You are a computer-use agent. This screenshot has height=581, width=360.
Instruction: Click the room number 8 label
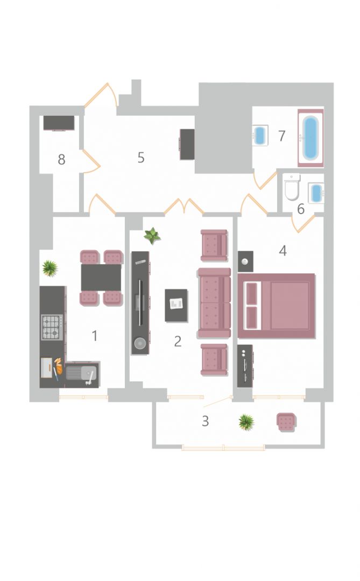coord(61,160)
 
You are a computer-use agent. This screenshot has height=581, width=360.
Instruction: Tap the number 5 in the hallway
coord(141,158)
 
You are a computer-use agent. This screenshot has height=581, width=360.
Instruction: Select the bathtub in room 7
coord(310,138)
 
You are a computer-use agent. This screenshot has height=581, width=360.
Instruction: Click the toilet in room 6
coord(292,187)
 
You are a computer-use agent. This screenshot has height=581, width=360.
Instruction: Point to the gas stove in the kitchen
coord(52,327)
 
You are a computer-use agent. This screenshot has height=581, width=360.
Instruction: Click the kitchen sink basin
coord(82,373)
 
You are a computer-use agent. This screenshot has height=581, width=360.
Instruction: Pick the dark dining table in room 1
coord(101,277)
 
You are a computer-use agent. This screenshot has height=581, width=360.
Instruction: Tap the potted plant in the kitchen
coord(50,267)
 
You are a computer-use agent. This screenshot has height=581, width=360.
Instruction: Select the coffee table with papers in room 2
coord(176,306)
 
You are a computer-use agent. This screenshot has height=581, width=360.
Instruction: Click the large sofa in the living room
coord(214,303)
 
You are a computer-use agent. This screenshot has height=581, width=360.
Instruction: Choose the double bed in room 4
coord(277,306)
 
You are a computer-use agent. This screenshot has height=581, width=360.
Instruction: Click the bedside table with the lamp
coord(245,261)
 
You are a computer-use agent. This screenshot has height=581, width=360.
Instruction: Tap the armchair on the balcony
coord(286,422)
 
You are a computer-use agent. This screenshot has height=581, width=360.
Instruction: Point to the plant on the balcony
coord(246,422)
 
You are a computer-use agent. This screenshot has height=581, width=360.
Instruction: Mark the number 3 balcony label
coord(205,421)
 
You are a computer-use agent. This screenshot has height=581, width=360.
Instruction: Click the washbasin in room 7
coord(260,135)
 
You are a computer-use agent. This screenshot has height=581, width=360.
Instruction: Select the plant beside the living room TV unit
coord(152,236)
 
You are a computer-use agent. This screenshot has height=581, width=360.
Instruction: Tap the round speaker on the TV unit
coord(140,343)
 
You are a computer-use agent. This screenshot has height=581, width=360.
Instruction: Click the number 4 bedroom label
coord(283,251)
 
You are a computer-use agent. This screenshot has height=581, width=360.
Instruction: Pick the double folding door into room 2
coord(184,207)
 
